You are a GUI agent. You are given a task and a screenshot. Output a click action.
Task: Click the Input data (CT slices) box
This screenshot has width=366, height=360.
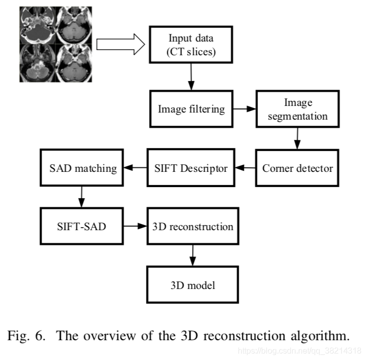191,45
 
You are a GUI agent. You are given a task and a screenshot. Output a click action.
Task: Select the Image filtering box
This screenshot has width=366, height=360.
191,109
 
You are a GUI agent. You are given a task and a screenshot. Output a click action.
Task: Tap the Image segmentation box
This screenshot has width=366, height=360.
298,109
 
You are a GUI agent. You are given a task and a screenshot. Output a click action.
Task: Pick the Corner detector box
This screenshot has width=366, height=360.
298,168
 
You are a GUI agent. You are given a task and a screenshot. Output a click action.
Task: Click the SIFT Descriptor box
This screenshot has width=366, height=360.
191,168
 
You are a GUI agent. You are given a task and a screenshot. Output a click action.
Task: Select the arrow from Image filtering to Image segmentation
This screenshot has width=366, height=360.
244,109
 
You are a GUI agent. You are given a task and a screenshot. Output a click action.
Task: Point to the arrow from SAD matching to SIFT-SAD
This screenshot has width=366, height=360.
81,197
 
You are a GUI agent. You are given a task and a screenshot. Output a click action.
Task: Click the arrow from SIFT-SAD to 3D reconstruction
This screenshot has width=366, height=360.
134,226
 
